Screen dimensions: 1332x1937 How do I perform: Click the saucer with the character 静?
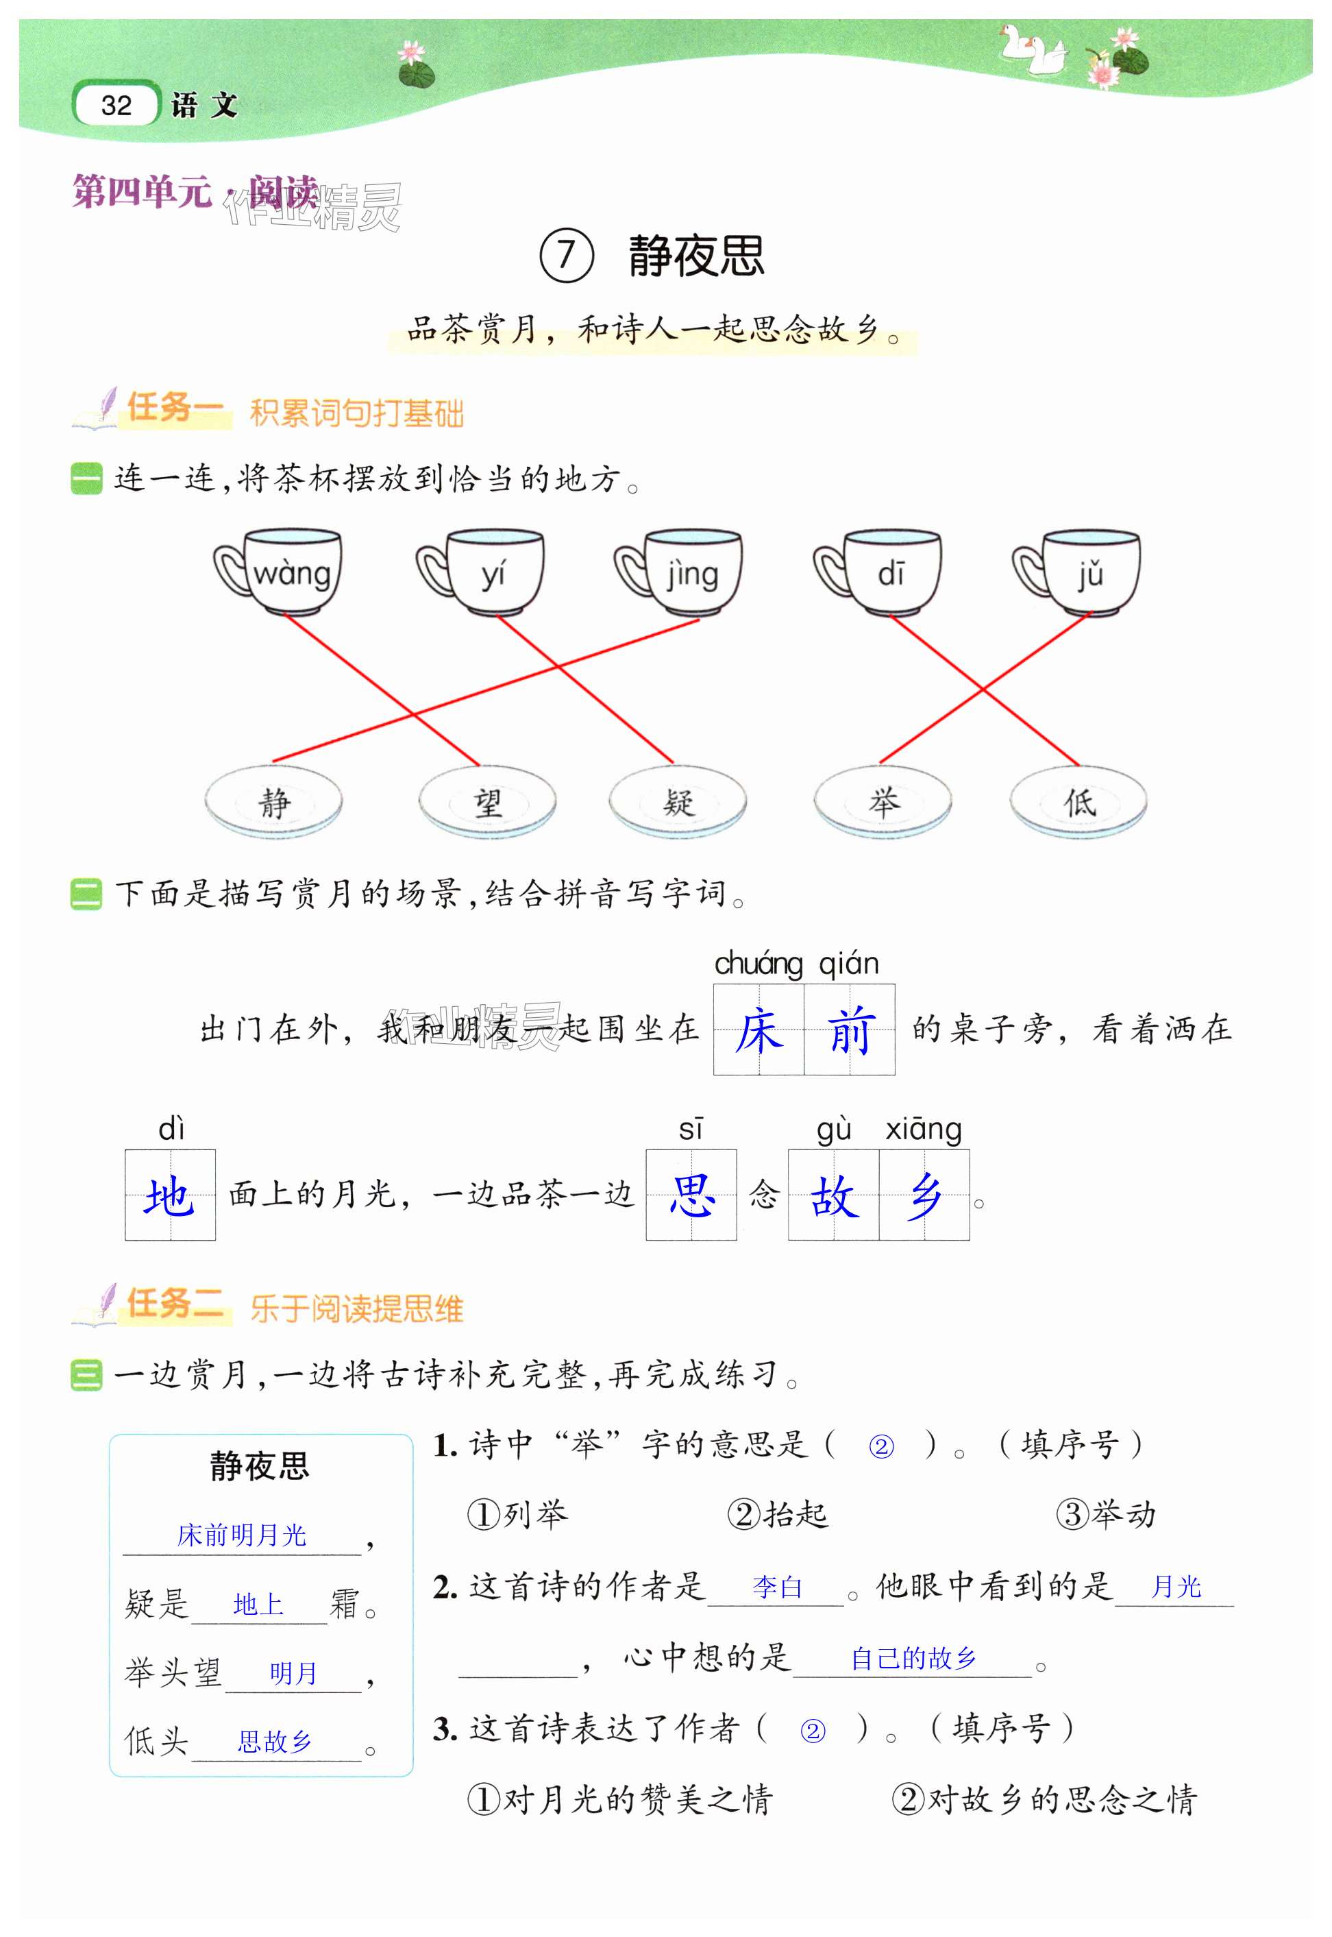274,803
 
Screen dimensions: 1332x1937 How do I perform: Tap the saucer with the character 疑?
678,803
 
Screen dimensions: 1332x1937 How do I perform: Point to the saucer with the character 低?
1078,803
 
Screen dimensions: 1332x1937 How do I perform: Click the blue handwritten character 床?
758,1030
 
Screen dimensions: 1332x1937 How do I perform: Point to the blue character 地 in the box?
170,1195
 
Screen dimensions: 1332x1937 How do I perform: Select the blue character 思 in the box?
691,1195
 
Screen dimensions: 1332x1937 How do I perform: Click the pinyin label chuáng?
758,964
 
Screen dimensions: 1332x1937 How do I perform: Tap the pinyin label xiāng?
923,1130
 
